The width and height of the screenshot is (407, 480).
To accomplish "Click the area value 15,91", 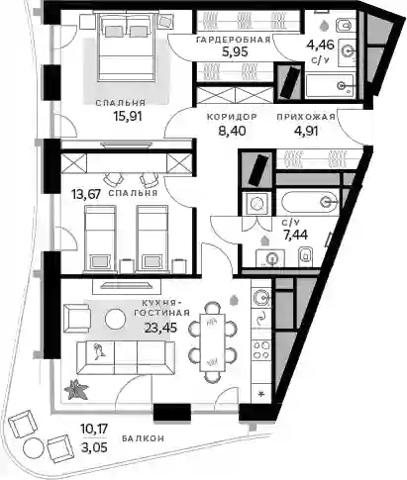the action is tap(128, 116).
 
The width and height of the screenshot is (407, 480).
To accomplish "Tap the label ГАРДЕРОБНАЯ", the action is tap(234, 40).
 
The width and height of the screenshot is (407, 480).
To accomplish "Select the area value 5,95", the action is tap(235, 51).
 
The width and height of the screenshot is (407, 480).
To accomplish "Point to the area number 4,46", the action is tap(321, 44).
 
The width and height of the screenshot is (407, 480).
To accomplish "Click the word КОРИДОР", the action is tap(232, 117).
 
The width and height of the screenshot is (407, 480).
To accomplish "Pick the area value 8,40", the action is tap(232, 131).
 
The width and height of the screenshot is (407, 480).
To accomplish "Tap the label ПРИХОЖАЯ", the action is tap(306, 117).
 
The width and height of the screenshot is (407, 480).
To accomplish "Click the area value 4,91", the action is tap(306, 131).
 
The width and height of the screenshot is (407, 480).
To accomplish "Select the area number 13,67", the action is tap(86, 194).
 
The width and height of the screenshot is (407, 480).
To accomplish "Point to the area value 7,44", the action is tap(295, 235).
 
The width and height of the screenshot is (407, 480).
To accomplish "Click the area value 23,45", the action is tap(160, 328).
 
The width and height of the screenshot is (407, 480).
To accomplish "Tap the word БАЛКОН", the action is tap(143, 438).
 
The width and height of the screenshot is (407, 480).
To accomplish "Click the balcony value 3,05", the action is tap(94, 447).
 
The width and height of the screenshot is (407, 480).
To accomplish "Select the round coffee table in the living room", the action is tap(115, 319).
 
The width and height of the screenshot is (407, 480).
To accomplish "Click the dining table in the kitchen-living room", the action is tap(213, 341).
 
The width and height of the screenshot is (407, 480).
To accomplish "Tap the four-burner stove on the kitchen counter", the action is tap(261, 349).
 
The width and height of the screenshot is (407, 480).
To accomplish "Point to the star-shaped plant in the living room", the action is tap(76, 389).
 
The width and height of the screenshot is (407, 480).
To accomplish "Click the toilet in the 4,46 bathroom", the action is tap(346, 25).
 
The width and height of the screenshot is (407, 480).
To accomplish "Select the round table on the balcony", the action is tap(33, 447).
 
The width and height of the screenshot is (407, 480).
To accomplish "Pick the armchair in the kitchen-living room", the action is tap(78, 319).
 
